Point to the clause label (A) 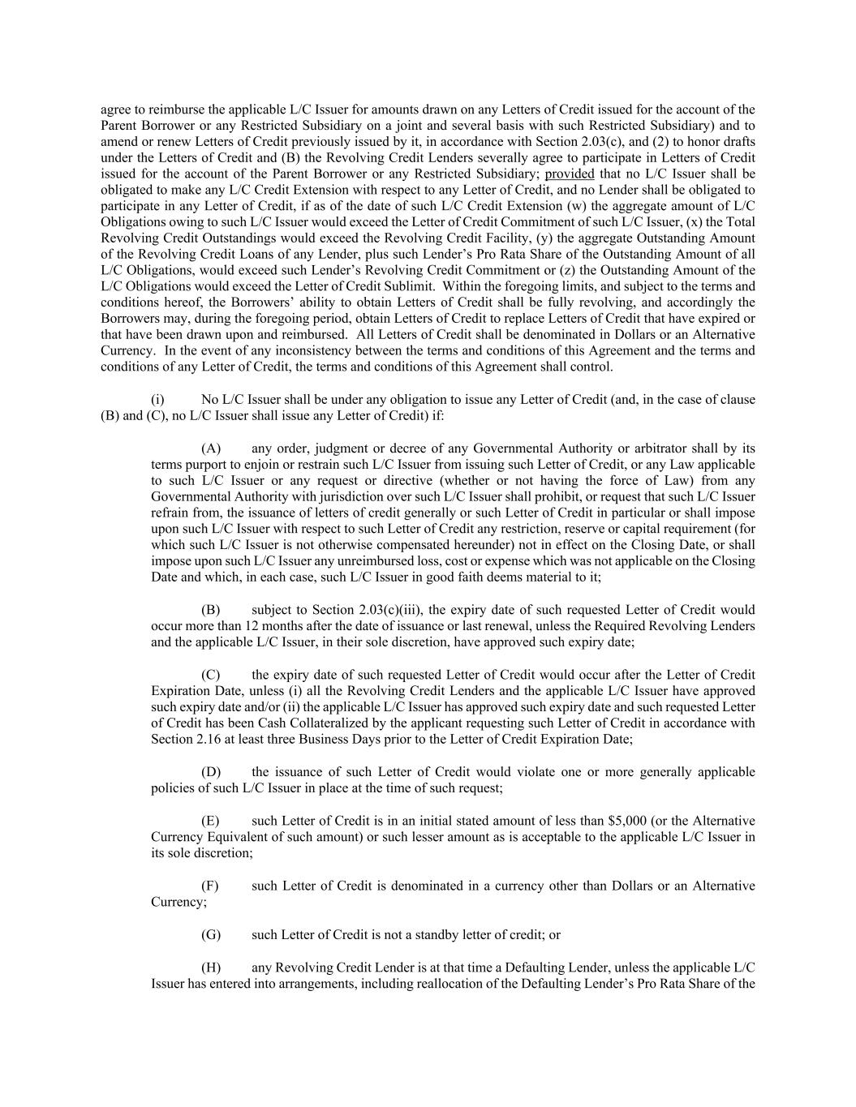[x=211, y=448]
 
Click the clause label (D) [x=211, y=772]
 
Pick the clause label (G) [x=211, y=934]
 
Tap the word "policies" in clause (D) [x=174, y=788]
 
